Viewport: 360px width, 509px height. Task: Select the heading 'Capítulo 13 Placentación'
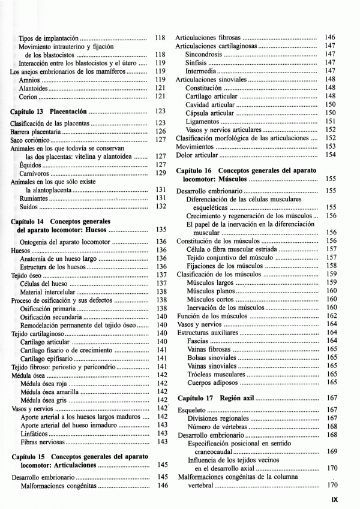point(49,112)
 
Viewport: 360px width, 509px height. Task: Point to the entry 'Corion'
point(28,96)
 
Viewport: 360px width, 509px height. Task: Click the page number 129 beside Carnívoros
point(160,173)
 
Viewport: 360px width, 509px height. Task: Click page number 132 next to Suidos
point(160,206)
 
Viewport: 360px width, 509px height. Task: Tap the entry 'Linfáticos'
point(35,433)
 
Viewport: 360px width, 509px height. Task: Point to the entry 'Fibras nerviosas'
point(42,442)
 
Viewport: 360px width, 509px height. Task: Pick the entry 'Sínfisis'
point(196,62)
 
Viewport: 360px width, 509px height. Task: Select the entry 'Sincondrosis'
point(204,54)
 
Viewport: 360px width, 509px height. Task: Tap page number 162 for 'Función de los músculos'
point(331,315)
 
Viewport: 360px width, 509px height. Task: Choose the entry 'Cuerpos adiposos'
point(211,382)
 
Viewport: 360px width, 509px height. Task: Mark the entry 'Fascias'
point(197,341)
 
